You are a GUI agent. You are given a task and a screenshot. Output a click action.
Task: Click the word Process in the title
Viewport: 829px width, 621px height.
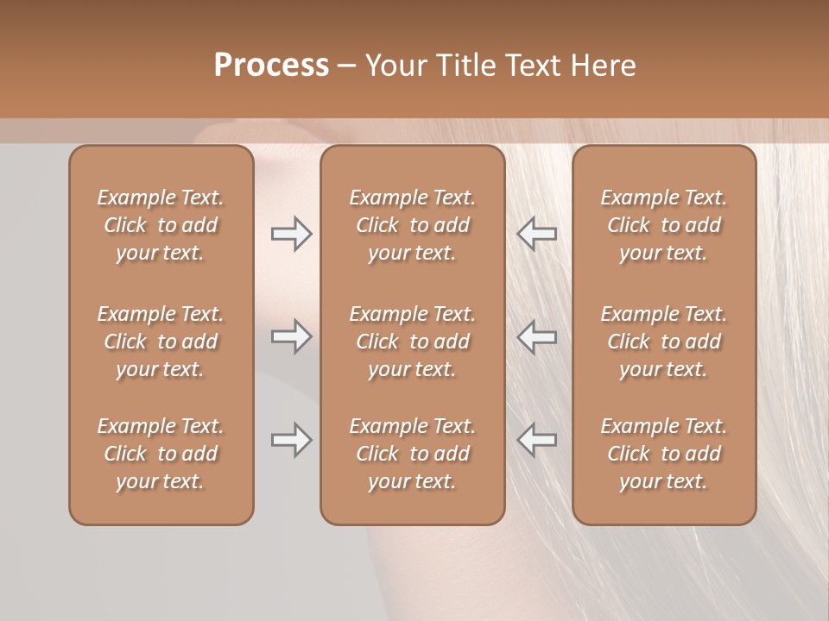271,66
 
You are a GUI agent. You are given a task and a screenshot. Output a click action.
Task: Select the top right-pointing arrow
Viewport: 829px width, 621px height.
291,234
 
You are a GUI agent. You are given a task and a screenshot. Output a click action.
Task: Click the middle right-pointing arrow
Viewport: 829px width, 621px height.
291,336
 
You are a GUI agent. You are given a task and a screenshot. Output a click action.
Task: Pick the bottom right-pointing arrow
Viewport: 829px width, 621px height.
291,440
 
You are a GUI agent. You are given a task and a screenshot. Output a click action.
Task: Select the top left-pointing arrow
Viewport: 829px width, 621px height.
537,234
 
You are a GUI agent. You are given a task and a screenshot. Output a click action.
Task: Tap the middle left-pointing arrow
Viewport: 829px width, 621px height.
537,336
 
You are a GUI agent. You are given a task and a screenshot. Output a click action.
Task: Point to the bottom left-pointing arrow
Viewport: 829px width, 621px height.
537,440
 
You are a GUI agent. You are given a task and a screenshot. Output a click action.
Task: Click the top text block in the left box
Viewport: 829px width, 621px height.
161,225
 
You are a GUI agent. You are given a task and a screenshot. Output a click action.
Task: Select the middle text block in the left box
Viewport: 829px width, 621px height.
161,342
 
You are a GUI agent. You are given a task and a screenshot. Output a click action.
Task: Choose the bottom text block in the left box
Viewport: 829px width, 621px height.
161,454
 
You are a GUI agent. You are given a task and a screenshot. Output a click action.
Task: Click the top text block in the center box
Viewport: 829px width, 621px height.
412,225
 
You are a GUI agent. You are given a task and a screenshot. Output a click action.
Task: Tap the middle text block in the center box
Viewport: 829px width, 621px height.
412,342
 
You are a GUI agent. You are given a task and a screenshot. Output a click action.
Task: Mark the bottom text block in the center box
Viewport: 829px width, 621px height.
412,454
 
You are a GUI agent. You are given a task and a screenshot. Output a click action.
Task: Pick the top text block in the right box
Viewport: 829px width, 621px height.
663,225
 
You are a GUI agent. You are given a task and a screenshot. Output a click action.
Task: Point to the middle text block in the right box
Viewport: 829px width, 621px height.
663,342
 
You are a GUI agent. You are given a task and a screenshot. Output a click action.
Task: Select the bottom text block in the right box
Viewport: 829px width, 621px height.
663,454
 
